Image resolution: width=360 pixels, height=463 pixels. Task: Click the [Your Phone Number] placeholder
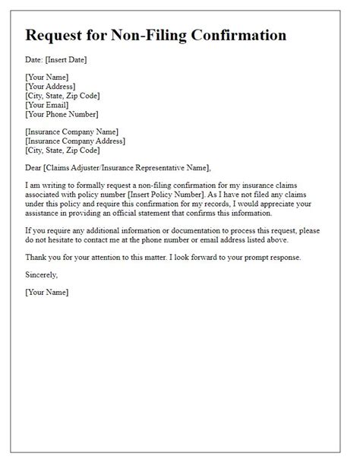point(62,115)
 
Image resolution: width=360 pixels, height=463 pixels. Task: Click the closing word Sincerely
point(41,274)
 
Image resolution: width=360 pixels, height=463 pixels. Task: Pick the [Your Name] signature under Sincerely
point(46,291)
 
